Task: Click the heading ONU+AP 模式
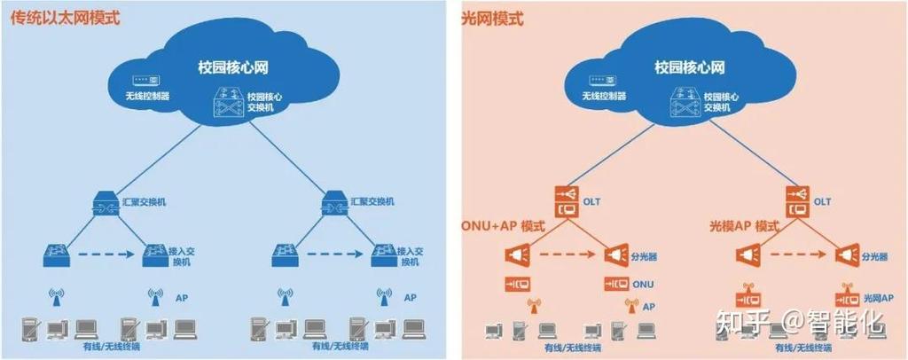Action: click(502, 227)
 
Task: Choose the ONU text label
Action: click(645, 285)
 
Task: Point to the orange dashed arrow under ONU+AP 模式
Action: click(563, 256)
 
